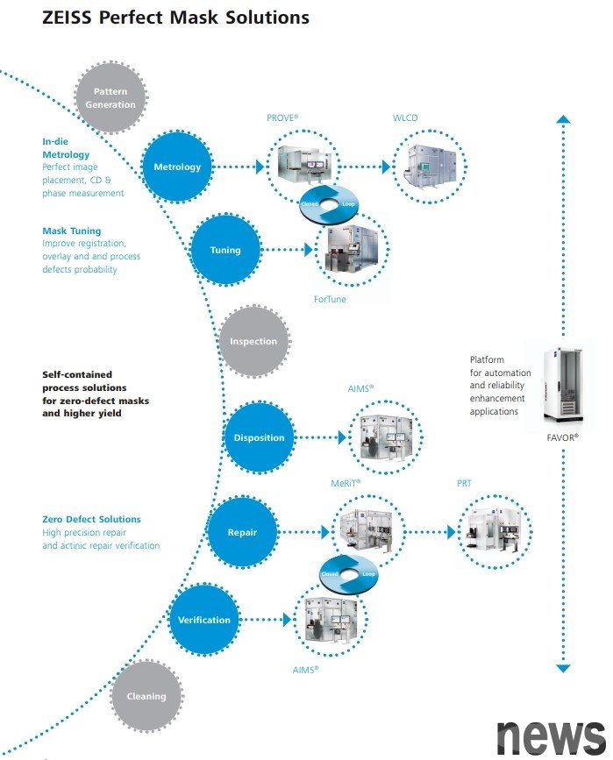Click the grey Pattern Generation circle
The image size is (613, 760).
[110, 97]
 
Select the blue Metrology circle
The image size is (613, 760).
[177, 167]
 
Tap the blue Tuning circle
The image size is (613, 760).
[225, 250]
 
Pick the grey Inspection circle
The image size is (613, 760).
[253, 341]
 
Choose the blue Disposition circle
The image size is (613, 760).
[259, 437]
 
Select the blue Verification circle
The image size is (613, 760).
[204, 620]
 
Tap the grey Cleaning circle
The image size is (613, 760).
[146, 696]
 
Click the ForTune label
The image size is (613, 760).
[330, 299]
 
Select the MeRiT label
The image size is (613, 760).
[346, 482]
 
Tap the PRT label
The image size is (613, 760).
[464, 483]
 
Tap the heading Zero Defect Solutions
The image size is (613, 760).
[91, 519]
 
